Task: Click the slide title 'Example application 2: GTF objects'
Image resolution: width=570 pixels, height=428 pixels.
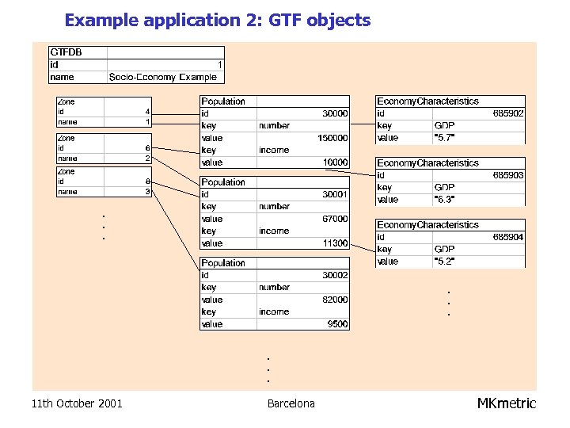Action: click(x=217, y=20)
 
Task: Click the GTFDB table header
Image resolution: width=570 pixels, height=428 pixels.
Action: click(x=66, y=52)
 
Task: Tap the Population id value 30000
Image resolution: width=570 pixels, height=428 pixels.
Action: click(x=334, y=113)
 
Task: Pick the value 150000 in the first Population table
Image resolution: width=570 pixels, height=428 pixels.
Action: click(x=332, y=138)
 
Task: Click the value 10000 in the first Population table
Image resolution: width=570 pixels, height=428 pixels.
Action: click(x=334, y=162)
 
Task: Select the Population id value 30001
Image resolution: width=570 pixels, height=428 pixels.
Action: click(x=334, y=194)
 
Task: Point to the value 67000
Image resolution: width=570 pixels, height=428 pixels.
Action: click(x=334, y=219)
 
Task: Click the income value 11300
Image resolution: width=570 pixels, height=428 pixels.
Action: click(x=334, y=243)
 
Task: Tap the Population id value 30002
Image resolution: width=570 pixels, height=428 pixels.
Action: click(x=334, y=275)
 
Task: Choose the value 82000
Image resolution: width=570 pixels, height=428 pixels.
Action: click(x=334, y=300)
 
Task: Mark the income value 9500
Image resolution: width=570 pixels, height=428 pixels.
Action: click(x=336, y=324)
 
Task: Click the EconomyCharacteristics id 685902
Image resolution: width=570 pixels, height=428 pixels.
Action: click(x=507, y=113)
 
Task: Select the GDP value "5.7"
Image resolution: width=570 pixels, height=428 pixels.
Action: click(x=444, y=138)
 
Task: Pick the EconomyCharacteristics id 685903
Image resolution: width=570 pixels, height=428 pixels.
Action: click(x=507, y=175)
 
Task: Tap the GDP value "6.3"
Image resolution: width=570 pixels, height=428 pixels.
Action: click(x=444, y=200)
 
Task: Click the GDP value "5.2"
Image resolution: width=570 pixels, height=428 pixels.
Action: click(x=444, y=262)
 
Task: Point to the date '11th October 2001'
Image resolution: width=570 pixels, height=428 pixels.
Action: click(x=77, y=403)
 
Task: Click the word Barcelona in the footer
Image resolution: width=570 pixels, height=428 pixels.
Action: click(x=291, y=403)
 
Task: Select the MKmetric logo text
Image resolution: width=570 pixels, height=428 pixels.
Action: click(x=506, y=403)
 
